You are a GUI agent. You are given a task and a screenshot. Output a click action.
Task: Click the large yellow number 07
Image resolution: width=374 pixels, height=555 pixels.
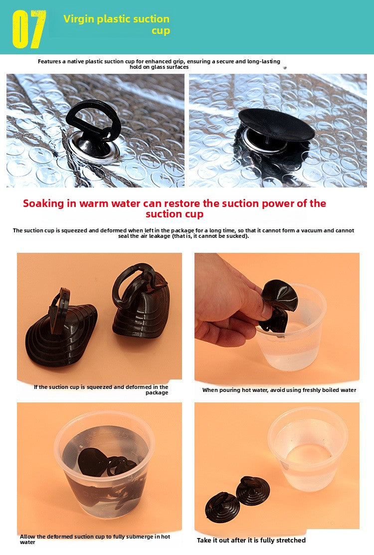29,29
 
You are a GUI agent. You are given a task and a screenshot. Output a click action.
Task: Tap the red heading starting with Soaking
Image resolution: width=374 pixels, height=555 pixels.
175,208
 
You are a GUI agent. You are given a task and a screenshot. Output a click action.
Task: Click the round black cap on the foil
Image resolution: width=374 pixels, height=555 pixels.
276,125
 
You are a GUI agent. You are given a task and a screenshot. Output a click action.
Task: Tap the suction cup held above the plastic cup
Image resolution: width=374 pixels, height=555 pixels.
278,306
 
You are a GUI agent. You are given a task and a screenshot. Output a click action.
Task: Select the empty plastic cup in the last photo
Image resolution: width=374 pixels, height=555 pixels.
308,447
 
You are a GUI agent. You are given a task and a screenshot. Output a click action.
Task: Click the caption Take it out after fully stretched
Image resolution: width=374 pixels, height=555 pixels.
251,540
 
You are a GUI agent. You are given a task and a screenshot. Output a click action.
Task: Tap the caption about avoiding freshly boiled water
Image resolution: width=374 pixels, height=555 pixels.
279,390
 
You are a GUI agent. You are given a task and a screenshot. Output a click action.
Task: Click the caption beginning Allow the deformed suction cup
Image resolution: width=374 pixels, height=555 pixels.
95,539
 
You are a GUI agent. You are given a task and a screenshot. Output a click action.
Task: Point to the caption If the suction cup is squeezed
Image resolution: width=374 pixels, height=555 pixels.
101,389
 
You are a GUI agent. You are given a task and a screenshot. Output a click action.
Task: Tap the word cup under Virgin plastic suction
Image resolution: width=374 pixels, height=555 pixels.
161,31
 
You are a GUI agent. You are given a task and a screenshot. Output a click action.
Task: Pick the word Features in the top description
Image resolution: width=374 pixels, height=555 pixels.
49,61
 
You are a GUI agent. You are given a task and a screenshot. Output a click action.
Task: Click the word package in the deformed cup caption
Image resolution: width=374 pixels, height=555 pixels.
157,392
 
